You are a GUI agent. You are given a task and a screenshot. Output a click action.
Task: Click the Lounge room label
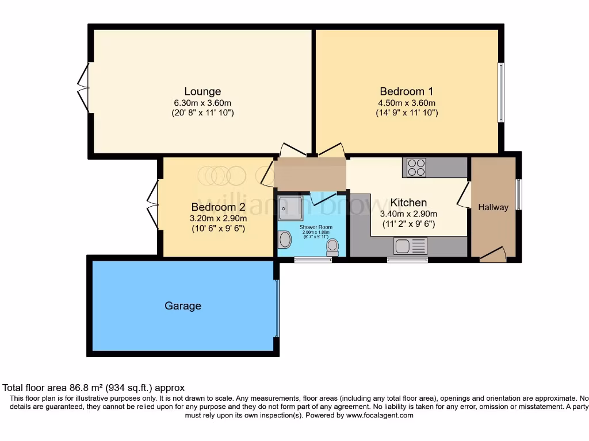coord(202,91)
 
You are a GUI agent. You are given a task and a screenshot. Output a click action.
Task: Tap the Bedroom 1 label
coord(406,91)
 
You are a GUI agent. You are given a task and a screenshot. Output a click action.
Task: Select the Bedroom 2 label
coord(219,207)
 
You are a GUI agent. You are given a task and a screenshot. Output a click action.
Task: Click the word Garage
coord(183,306)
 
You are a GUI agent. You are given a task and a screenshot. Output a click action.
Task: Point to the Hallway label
coord(494,207)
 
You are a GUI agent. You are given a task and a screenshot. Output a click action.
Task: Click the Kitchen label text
coord(408,203)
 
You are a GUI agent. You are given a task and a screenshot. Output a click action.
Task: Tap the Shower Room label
coord(316,227)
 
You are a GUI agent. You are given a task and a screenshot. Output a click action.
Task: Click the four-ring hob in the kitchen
coord(416,167)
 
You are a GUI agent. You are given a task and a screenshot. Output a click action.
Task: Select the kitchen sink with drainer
coord(410,246)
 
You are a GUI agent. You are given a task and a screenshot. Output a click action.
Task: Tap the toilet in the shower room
coord(332,247)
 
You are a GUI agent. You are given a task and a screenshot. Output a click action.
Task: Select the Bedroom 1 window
coord(500,92)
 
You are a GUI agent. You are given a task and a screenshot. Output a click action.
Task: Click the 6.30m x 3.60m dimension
coord(202,103)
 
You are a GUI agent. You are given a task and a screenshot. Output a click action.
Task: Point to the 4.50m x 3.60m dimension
coord(406,103)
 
